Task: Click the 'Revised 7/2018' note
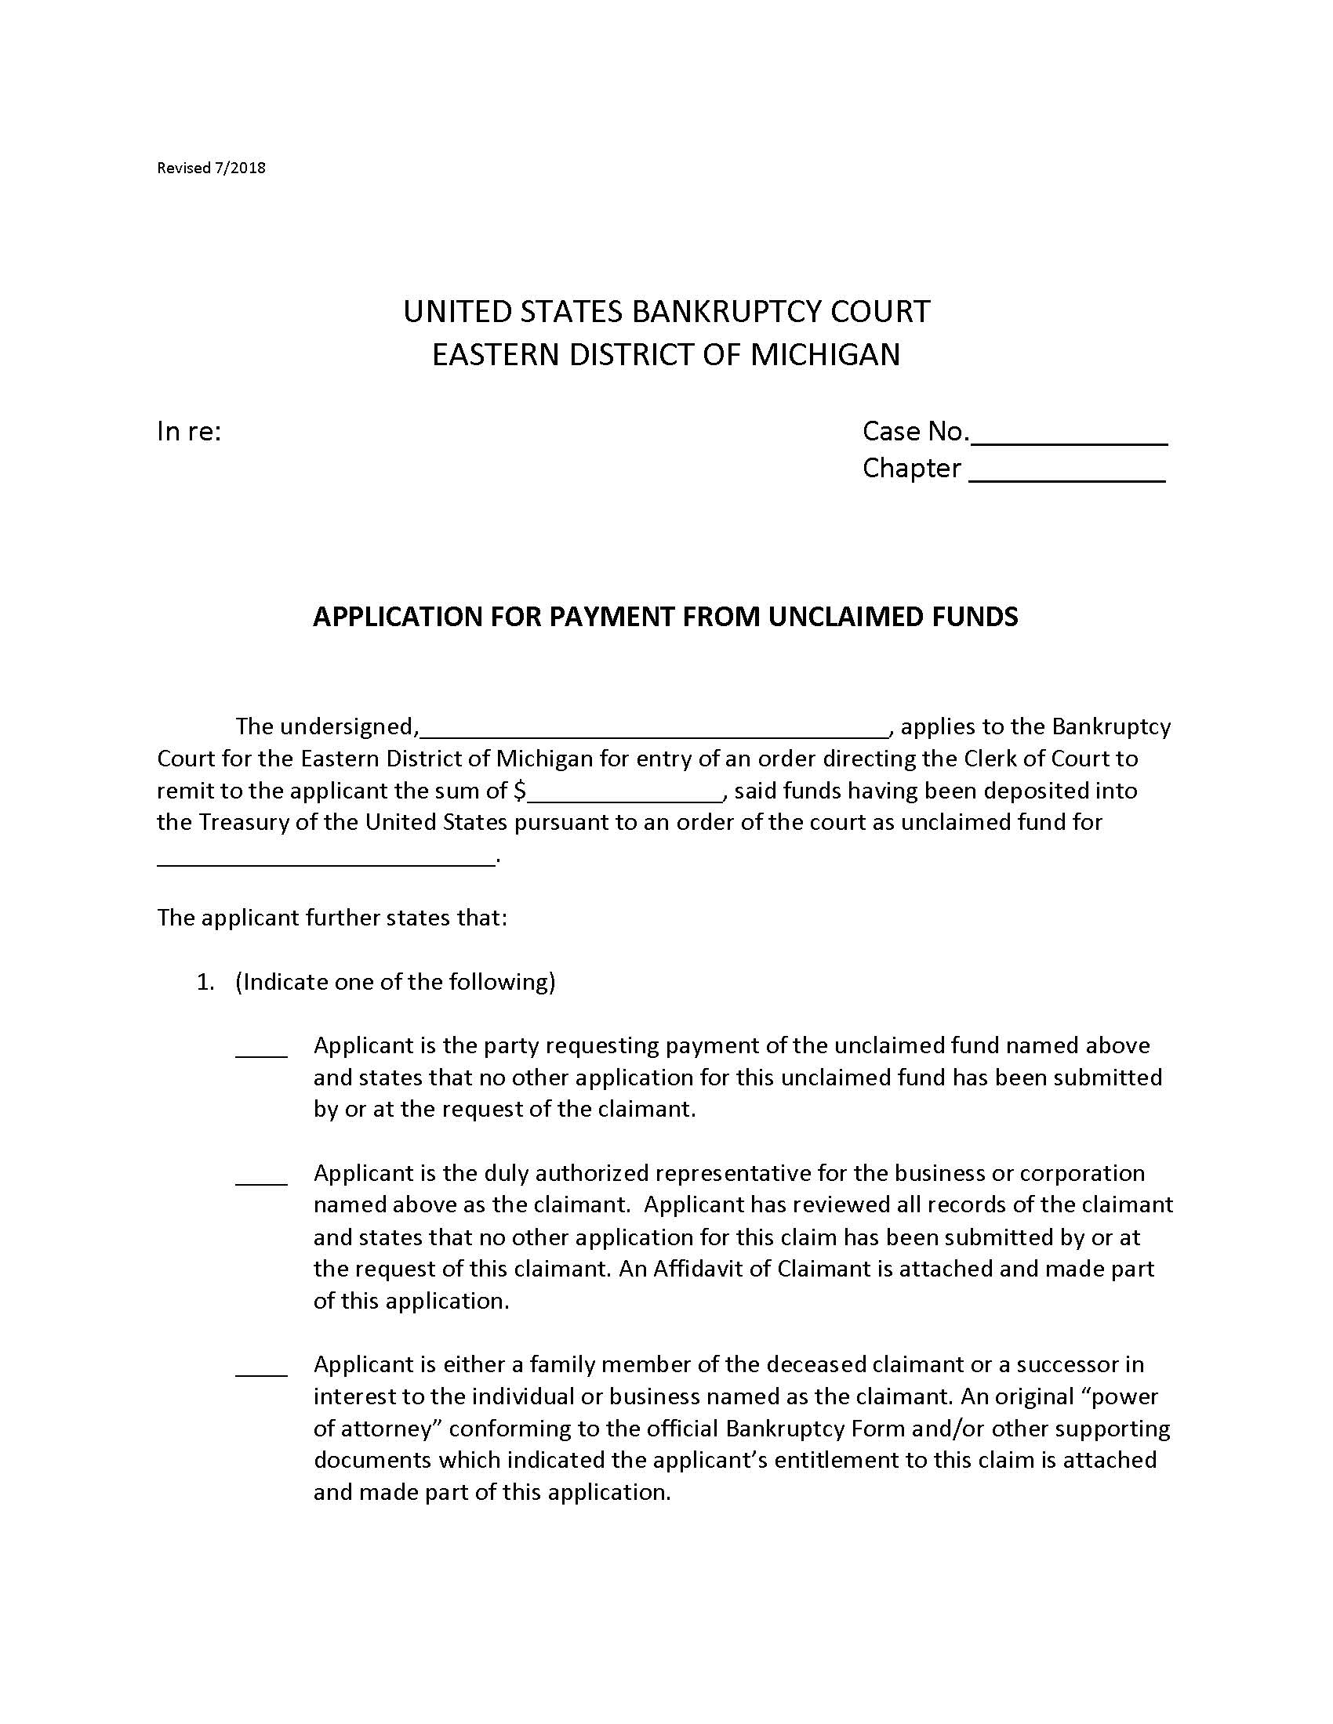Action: pyautogui.click(x=211, y=168)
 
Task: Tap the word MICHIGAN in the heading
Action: pyautogui.click(x=824, y=354)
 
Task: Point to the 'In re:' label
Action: pyautogui.click(x=188, y=432)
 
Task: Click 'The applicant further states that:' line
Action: pyautogui.click(x=332, y=918)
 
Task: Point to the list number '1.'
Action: pyautogui.click(x=205, y=982)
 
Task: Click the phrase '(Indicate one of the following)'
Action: pyautogui.click(x=395, y=982)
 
